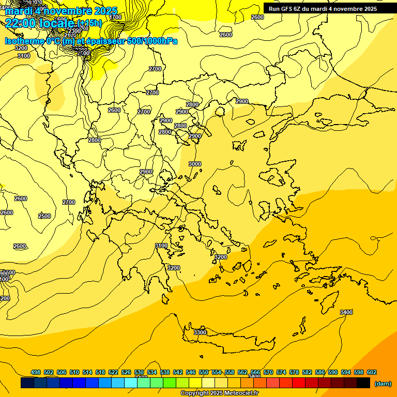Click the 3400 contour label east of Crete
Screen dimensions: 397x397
[x=346, y=312]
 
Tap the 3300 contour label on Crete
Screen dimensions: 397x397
[x=200, y=332]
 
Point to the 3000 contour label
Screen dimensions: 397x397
[x=195, y=164]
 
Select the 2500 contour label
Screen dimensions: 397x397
[x=44, y=216]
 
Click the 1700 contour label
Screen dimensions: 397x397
[x=116, y=17]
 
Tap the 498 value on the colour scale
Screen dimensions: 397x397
[x=36, y=372]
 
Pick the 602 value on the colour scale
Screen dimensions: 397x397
[x=372, y=372]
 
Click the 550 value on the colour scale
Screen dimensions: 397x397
[x=204, y=372]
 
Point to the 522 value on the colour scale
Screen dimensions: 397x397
[x=113, y=372]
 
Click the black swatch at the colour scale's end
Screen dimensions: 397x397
[x=363, y=383]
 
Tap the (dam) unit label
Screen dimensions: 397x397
[x=383, y=384]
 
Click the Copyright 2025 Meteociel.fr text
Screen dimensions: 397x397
[x=219, y=393]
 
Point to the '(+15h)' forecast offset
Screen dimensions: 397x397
[x=89, y=23]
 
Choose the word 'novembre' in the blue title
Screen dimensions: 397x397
[x=67, y=11]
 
